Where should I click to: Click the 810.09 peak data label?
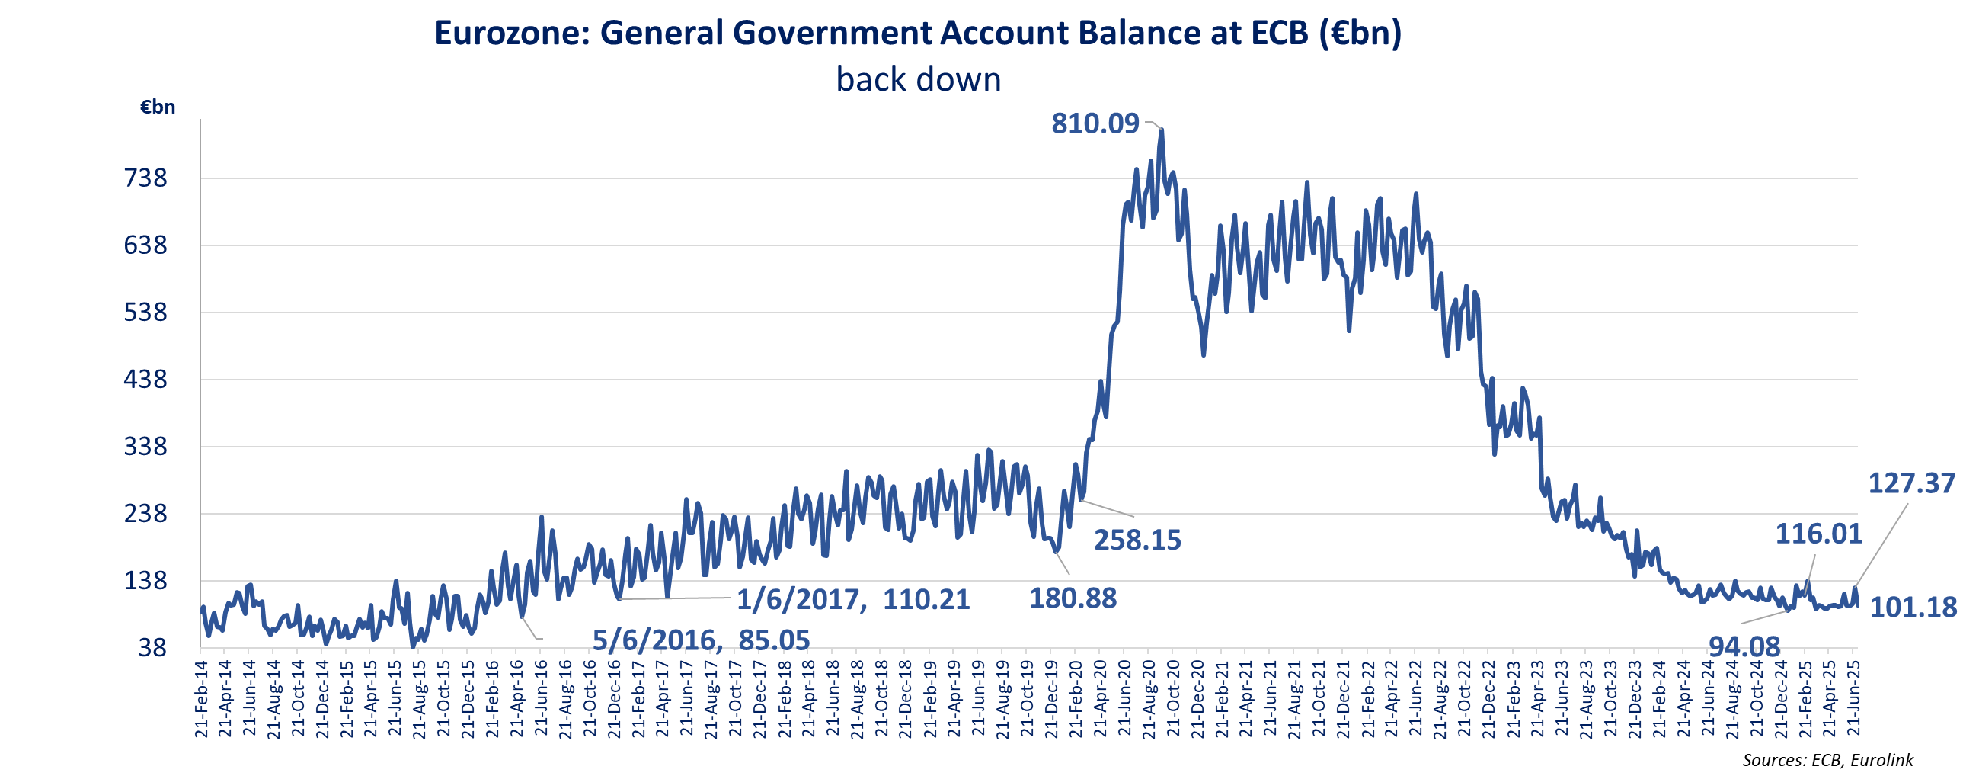1095,123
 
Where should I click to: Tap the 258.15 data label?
1138,540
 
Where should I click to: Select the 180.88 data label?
1073,598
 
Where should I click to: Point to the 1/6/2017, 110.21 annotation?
852,600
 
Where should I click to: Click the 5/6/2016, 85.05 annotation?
701,640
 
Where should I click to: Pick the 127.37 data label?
1911,483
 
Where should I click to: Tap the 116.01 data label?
1818,534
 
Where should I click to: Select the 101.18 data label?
1913,607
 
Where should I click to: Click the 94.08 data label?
1744,647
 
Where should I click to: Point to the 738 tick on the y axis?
145,178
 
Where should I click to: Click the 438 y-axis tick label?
145,379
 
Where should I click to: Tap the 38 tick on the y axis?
152,647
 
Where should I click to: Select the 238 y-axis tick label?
145,513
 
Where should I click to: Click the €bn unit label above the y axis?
158,107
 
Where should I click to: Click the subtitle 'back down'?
918,79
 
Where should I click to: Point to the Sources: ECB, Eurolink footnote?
1827,760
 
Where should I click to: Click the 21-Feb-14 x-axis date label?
201,698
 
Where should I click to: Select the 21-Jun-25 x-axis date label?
1854,698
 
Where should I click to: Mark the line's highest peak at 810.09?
1162,130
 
